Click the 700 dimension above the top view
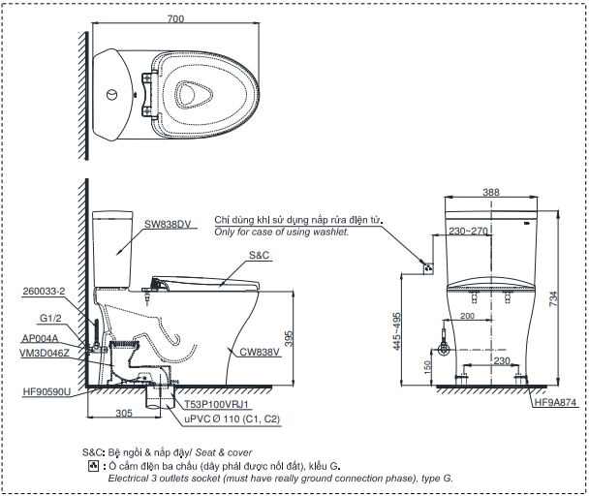point(175,18)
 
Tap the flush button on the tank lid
point(112,95)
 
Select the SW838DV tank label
point(168,225)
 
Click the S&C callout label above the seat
point(260,255)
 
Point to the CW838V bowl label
point(260,352)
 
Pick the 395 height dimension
point(289,338)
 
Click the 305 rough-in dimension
point(124,414)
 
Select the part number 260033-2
point(44,292)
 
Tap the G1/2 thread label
point(50,319)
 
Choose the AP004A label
point(40,338)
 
